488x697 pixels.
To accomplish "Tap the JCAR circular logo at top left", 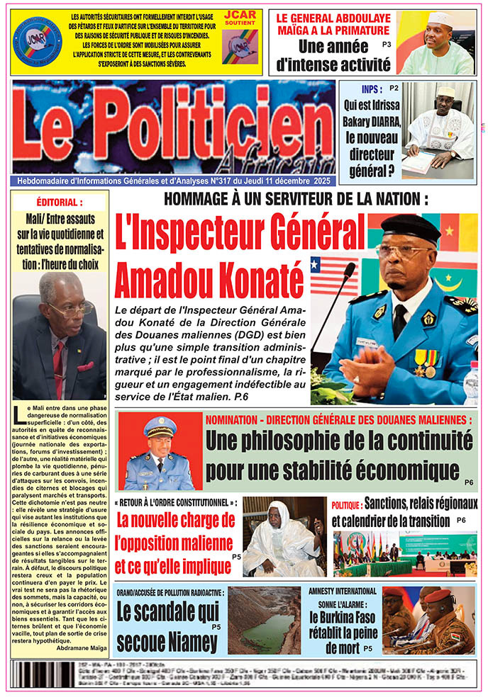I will point(37,41).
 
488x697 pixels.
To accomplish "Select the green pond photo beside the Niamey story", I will point(264,621).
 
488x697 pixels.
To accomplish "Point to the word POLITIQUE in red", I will point(347,505).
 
